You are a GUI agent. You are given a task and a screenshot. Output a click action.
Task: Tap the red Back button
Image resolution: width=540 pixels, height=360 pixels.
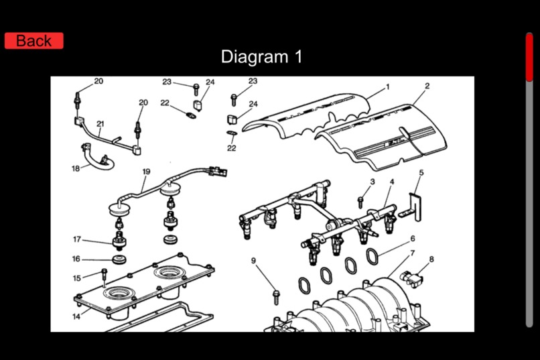(33, 41)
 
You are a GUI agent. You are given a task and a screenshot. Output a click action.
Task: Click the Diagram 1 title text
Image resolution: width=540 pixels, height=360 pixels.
(261, 57)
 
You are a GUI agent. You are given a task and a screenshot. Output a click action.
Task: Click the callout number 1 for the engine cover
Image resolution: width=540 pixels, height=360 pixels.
(387, 87)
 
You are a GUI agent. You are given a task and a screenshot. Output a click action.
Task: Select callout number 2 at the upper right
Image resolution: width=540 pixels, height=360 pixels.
(427, 86)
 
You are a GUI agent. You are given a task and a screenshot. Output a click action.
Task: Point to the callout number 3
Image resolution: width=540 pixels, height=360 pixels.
(373, 181)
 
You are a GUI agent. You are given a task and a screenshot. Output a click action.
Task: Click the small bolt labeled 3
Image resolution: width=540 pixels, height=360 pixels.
(360, 199)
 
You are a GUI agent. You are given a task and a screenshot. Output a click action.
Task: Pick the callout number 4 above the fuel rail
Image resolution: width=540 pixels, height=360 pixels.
(392, 182)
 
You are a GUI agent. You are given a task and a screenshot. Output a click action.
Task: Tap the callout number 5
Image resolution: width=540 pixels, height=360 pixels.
(421, 173)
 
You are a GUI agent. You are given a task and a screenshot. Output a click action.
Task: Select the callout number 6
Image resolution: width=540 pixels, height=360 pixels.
(413, 238)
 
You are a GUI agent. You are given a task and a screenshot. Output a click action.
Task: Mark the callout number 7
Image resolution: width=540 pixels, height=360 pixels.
(413, 253)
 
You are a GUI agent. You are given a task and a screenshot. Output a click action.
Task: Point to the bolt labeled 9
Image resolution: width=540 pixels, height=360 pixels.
(275, 294)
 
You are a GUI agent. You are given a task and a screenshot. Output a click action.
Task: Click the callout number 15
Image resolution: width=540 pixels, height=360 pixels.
(76, 278)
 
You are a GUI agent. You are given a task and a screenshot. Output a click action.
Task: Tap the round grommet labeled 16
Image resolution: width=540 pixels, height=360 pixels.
(121, 259)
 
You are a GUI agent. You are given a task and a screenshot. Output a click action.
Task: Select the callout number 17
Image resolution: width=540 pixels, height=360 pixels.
(77, 239)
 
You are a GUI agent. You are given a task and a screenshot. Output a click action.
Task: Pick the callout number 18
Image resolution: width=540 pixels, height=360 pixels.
(76, 168)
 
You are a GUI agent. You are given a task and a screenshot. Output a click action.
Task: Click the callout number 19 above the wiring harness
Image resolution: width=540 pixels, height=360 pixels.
(146, 172)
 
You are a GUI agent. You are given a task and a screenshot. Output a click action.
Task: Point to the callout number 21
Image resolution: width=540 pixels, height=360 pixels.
(100, 123)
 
